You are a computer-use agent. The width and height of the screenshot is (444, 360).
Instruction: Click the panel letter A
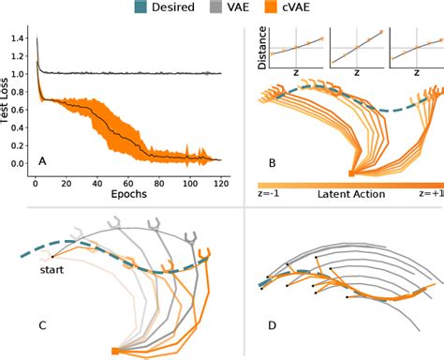42,161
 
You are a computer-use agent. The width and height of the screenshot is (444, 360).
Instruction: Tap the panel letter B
272,163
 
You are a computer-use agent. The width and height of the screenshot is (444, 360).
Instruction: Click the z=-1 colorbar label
271,195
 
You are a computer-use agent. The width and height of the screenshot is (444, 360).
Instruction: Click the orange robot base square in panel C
115,350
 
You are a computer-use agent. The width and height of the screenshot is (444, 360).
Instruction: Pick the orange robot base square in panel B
350,172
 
